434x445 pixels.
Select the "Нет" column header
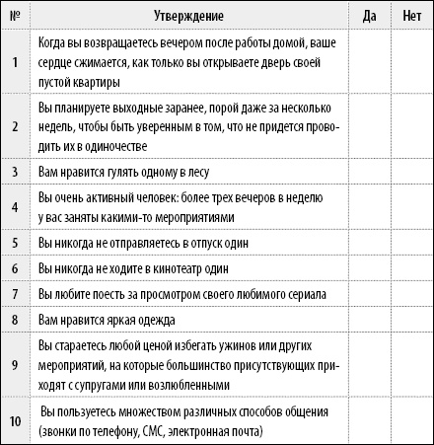point(411,17)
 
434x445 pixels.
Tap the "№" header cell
point(15,17)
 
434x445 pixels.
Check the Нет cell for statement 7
point(411,294)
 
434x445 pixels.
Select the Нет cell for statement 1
point(411,62)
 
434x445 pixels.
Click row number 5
point(15,242)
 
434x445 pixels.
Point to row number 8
point(15,320)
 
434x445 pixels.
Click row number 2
point(15,127)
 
